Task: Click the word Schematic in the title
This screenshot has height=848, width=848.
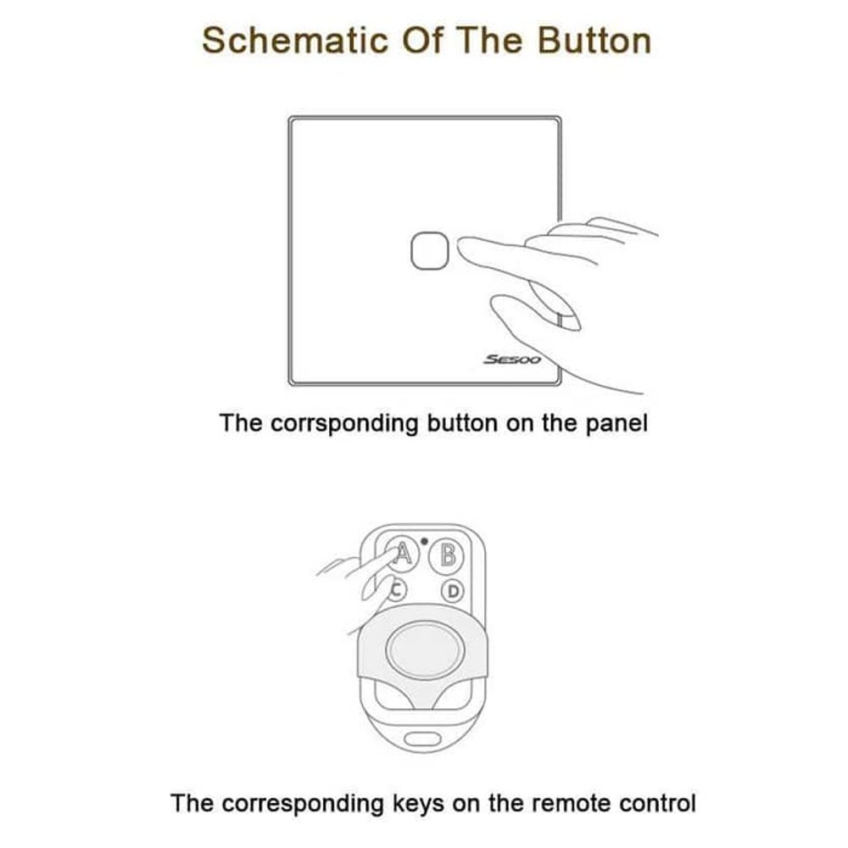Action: coord(295,40)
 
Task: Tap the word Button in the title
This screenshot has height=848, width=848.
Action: coord(594,40)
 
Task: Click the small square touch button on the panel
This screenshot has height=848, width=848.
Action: coord(430,250)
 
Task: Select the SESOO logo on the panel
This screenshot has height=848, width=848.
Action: coord(512,359)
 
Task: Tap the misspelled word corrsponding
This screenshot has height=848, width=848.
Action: coord(344,423)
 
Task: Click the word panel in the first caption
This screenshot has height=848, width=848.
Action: coord(616,423)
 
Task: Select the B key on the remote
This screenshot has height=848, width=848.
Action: coord(447,555)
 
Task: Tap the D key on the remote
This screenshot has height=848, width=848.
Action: coord(453,591)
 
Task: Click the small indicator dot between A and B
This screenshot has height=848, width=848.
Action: coord(424,541)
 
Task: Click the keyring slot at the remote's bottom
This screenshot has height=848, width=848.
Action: coord(423,739)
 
